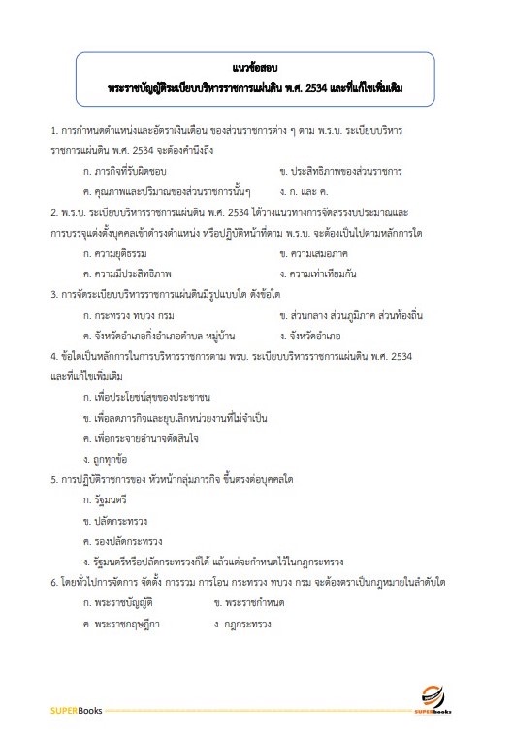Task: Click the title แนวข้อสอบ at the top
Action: (256, 68)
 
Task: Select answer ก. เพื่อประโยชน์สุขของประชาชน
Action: (146, 397)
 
